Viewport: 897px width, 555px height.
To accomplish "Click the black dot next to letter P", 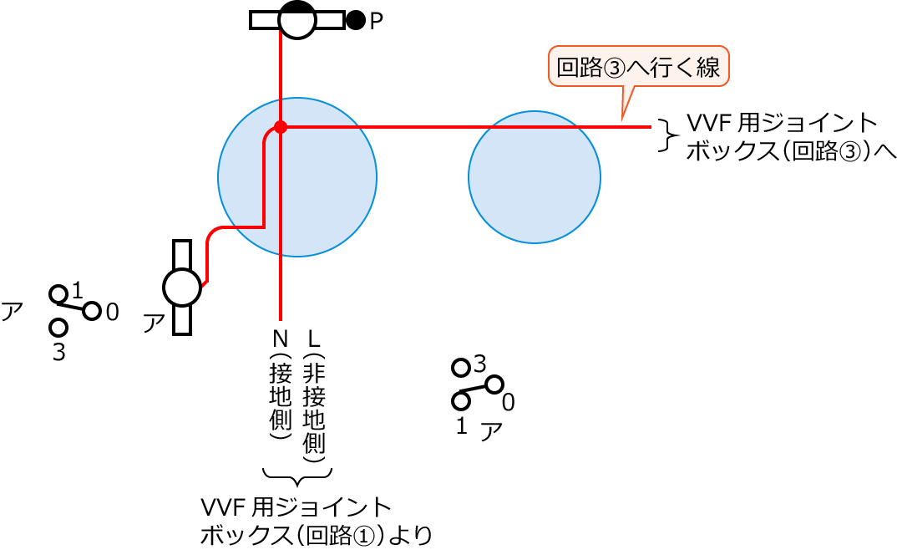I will point(356,20).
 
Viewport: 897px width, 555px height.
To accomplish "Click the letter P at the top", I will point(377,21).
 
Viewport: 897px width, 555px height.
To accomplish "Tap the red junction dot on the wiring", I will point(281,127).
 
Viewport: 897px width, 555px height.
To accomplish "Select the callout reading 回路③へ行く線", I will point(638,67).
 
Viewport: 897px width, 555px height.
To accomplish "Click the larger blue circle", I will point(297,177).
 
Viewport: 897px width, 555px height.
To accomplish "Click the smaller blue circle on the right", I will point(535,177).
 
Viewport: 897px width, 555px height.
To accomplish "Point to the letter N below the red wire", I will point(281,339).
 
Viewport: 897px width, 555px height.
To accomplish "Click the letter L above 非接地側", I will point(314,339).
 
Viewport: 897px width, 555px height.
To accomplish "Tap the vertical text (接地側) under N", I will point(281,397).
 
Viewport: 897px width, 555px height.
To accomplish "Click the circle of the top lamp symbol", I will point(297,19).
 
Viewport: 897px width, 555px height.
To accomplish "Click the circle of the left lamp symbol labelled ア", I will point(182,288).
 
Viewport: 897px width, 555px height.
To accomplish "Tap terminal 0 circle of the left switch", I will point(92,311).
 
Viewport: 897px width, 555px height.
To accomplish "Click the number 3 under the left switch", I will point(58,353).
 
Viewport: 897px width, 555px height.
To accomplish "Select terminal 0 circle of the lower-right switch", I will point(494,384).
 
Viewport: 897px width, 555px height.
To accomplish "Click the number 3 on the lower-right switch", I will point(479,364).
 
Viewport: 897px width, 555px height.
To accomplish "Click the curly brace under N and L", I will point(297,476).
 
